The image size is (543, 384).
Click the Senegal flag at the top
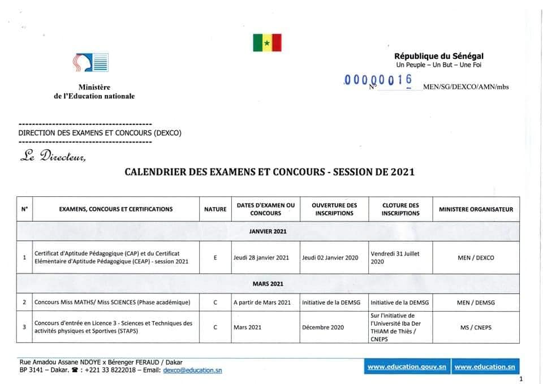(x=267, y=42)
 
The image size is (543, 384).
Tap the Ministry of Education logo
(x=90, y=62)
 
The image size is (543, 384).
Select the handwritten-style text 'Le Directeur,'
(x=53, y=157)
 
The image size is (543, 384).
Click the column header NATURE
(x=215, y=209)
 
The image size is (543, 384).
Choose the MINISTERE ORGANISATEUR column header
(x=476, y=209)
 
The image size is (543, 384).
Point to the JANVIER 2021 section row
(x=268, y=231)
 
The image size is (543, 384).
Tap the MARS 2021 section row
(x=268, y=283)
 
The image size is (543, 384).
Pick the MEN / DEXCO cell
(x=476, y=257)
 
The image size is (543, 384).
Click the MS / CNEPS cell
(x=476, y=327)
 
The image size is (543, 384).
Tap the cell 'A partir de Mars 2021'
(x=262, y=303)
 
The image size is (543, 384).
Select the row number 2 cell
(x=24, y=303)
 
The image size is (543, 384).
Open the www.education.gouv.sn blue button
(x=407, y=367)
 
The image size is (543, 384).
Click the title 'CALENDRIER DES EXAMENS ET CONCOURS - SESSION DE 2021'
(x=269, y=172)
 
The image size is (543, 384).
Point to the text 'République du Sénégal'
(x=439, y=55)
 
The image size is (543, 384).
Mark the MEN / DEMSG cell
(x=476, y=303)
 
